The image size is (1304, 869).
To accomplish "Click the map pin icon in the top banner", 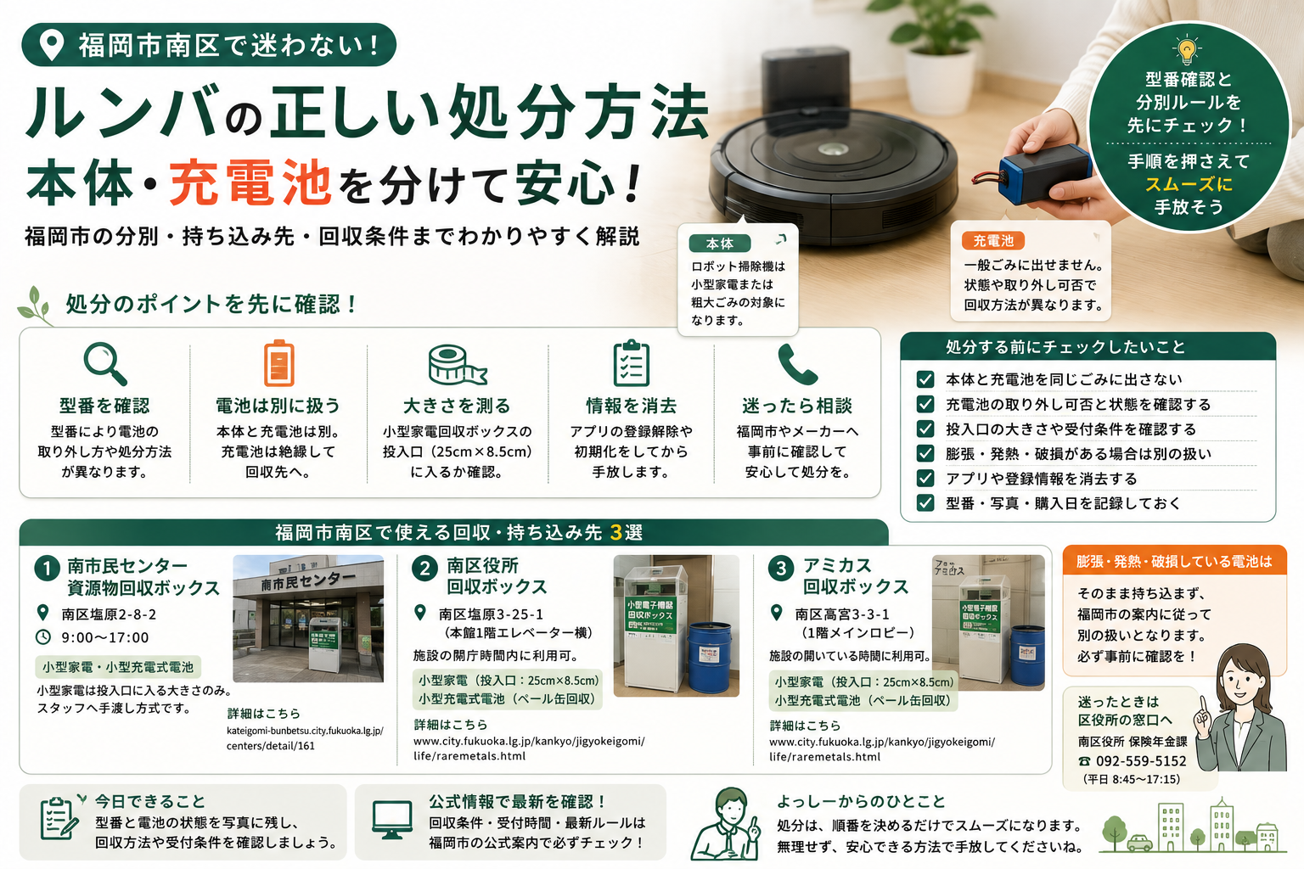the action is pos(51,45).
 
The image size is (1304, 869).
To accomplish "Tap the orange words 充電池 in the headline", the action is pos(250,184).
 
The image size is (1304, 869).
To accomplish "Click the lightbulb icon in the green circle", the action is pos(1186,50).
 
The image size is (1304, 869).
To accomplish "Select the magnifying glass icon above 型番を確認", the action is pos(105,364).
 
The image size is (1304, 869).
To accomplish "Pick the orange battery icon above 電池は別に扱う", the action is pos(278,362).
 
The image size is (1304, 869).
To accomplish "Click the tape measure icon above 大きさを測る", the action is pos(457,365).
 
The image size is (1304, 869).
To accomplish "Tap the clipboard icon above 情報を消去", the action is pos(632,363).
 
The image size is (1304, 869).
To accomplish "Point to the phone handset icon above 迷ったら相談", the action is pos(797,364).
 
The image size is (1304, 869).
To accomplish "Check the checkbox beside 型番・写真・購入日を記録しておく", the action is pos(925,502).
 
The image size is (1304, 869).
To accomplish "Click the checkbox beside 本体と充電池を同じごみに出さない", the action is pos(925,379).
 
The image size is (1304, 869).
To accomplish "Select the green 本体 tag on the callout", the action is pos(720,244).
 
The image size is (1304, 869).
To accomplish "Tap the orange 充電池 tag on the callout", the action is pos(993,240).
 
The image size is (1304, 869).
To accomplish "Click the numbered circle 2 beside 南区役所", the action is pos(425,568).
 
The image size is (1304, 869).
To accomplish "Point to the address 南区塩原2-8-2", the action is pos(109,614).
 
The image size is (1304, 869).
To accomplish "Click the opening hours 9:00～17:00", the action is pos(105,637).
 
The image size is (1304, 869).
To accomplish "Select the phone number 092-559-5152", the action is pos(1141,760).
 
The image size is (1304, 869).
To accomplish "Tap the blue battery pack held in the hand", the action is pos(1045,173).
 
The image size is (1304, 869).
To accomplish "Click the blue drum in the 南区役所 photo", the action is pos(710,657).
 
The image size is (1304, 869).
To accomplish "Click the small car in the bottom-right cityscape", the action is pos(1139,842).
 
